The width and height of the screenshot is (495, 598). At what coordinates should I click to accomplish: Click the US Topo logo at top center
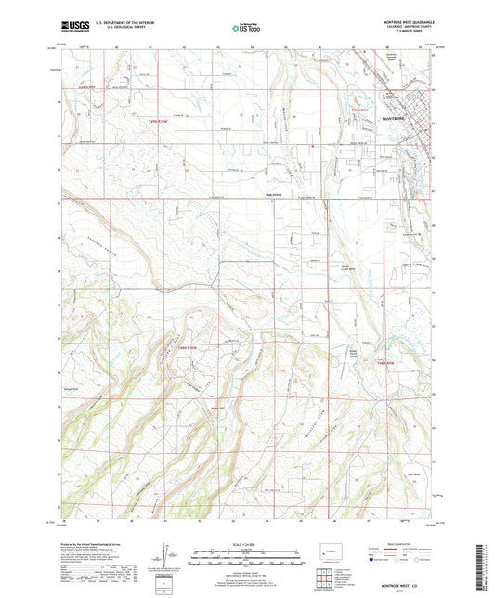coord(245,28)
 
